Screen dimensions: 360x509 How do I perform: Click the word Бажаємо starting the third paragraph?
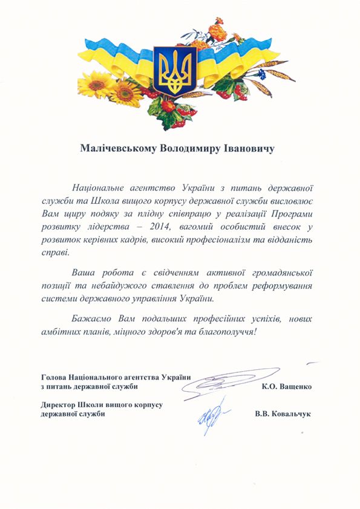coord(90,319)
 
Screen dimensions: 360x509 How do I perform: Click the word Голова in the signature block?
coord(53,377)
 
